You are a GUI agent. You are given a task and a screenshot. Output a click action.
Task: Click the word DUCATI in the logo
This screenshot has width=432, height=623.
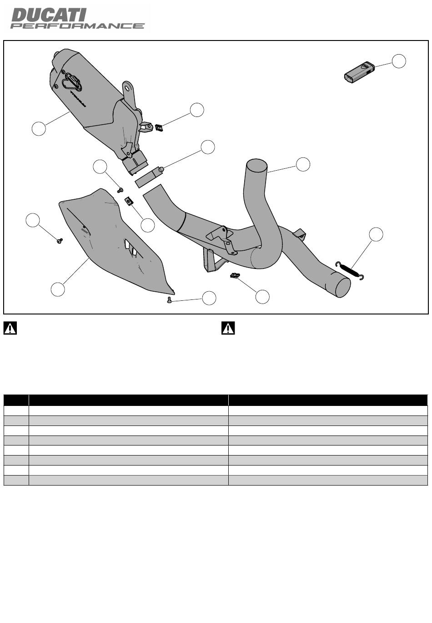(49, 15)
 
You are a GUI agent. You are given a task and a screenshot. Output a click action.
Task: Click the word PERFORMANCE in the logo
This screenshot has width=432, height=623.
(77, 26)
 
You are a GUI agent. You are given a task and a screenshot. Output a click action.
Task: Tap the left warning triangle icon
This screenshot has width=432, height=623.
(10, 328)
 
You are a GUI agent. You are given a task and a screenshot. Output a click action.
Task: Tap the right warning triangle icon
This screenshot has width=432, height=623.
(228, 328)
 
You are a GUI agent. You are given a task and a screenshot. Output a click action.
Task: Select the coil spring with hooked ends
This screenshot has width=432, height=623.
(350, 270)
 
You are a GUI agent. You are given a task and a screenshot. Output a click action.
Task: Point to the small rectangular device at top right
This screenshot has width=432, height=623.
(359, 72)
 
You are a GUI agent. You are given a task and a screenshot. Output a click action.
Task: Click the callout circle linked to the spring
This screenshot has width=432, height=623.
(376, 234)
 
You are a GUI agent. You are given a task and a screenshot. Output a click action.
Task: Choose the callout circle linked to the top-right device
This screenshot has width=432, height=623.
(399, 61)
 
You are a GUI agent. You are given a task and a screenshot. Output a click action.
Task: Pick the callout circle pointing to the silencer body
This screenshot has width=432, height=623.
(39, 128)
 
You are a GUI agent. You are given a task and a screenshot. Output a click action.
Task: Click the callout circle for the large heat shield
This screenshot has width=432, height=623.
(58, 289)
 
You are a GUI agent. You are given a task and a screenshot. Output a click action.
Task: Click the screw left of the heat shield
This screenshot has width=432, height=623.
(60, 241)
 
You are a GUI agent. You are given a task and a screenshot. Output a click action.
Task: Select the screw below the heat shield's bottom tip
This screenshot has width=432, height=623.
(169, 300)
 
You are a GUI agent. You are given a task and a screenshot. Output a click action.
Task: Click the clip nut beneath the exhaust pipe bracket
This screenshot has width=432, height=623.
(235, 276)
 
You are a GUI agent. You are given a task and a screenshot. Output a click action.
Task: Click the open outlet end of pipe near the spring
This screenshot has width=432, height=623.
(343, 287)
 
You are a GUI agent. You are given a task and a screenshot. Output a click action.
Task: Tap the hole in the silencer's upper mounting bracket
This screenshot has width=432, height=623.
(127, 88)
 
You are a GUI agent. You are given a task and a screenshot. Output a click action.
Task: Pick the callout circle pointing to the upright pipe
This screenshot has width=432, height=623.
(303, 164)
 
